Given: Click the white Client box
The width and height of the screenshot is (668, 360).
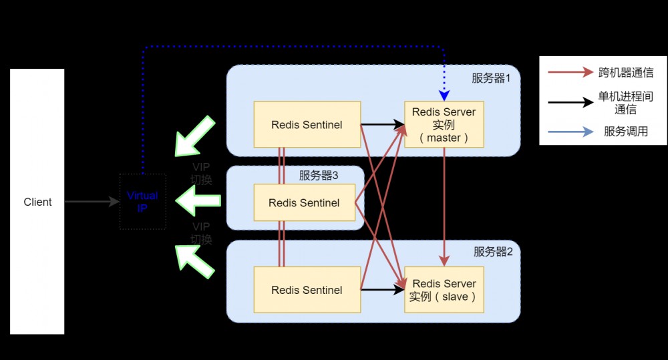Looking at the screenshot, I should [x=37, y=202].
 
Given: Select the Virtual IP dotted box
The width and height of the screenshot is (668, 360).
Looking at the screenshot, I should [x=142, y=202].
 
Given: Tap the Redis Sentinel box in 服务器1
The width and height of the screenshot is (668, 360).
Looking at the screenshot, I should [x=307, y=124].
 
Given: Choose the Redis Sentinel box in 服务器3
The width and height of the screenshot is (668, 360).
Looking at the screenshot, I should [x=303, y=202].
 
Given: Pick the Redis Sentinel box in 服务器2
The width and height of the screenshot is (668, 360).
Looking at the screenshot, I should [x=307, y=290].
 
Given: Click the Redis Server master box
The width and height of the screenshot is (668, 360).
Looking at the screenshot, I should [x=444, y=124].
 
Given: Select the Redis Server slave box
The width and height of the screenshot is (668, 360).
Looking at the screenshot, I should [x=444, y=290].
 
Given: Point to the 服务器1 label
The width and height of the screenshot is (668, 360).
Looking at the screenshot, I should [x=491, y=78].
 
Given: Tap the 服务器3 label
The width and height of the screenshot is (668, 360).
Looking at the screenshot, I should [x=319, y=176].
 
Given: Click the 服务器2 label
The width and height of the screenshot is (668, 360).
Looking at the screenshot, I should [x=493, y=252].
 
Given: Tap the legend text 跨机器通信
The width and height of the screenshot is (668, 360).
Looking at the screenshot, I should [x=625, y=73].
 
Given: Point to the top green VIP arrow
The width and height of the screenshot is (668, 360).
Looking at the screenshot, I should [x=194, y=136].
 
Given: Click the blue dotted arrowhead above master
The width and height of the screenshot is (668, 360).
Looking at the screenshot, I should [x=444, y=95].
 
